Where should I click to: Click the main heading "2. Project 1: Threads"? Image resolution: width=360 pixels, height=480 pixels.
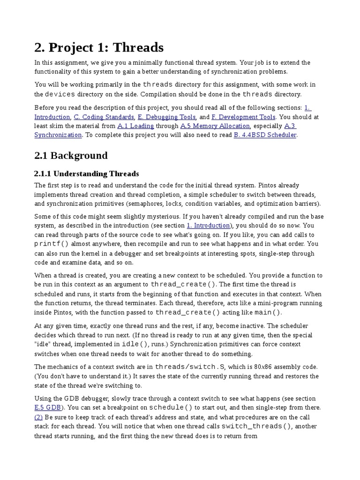click(99, 47)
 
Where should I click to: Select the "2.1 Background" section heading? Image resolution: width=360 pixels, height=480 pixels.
click(71, 155)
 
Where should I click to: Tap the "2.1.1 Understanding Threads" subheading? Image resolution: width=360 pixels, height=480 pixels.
click(87, 174)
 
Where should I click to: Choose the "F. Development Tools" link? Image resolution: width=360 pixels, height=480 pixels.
click(244, 117)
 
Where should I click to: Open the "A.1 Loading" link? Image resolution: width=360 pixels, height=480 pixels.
click(135, 126)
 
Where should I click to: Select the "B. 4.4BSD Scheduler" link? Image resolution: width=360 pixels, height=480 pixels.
click(265, 135)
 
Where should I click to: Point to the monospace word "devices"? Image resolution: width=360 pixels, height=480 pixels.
click(59, 94)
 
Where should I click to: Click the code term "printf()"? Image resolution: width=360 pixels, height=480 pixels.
click(52, 244)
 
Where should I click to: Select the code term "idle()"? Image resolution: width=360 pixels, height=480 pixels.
click(136, 345)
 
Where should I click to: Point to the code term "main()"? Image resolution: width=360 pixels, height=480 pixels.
click(268, 313)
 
